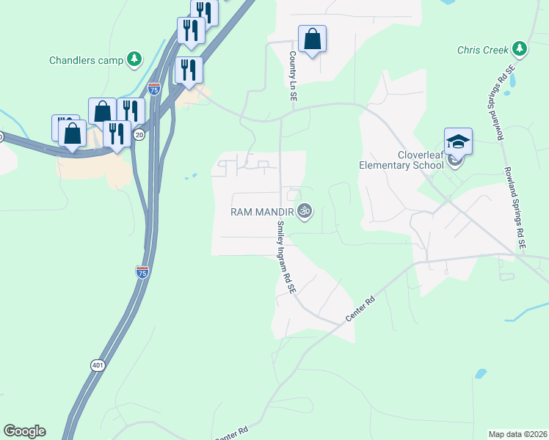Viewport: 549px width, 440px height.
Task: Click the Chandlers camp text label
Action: point(85,59)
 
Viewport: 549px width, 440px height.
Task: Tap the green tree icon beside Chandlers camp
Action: point(134,59)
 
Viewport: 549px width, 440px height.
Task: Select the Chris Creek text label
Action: point(482,50)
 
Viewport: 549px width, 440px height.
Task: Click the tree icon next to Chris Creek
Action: point(520,49)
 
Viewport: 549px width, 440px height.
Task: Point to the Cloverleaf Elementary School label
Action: point(401,160)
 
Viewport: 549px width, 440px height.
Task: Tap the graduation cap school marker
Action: point(458,142)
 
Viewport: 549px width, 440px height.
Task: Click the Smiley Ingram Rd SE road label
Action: point(285,257)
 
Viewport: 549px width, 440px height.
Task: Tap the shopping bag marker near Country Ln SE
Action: point(312,40)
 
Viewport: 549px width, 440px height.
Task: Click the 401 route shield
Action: point(98,364)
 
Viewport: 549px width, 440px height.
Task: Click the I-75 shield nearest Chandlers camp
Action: point(153,89)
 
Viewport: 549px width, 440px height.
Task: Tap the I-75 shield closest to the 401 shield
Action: point(142,271)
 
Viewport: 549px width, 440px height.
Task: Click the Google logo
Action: point(24,431)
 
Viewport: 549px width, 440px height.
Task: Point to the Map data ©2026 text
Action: point(517,433)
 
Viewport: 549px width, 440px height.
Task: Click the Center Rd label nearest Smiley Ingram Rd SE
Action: point(360,309)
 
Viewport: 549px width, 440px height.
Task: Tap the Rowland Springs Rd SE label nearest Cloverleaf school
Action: point(515,208)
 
